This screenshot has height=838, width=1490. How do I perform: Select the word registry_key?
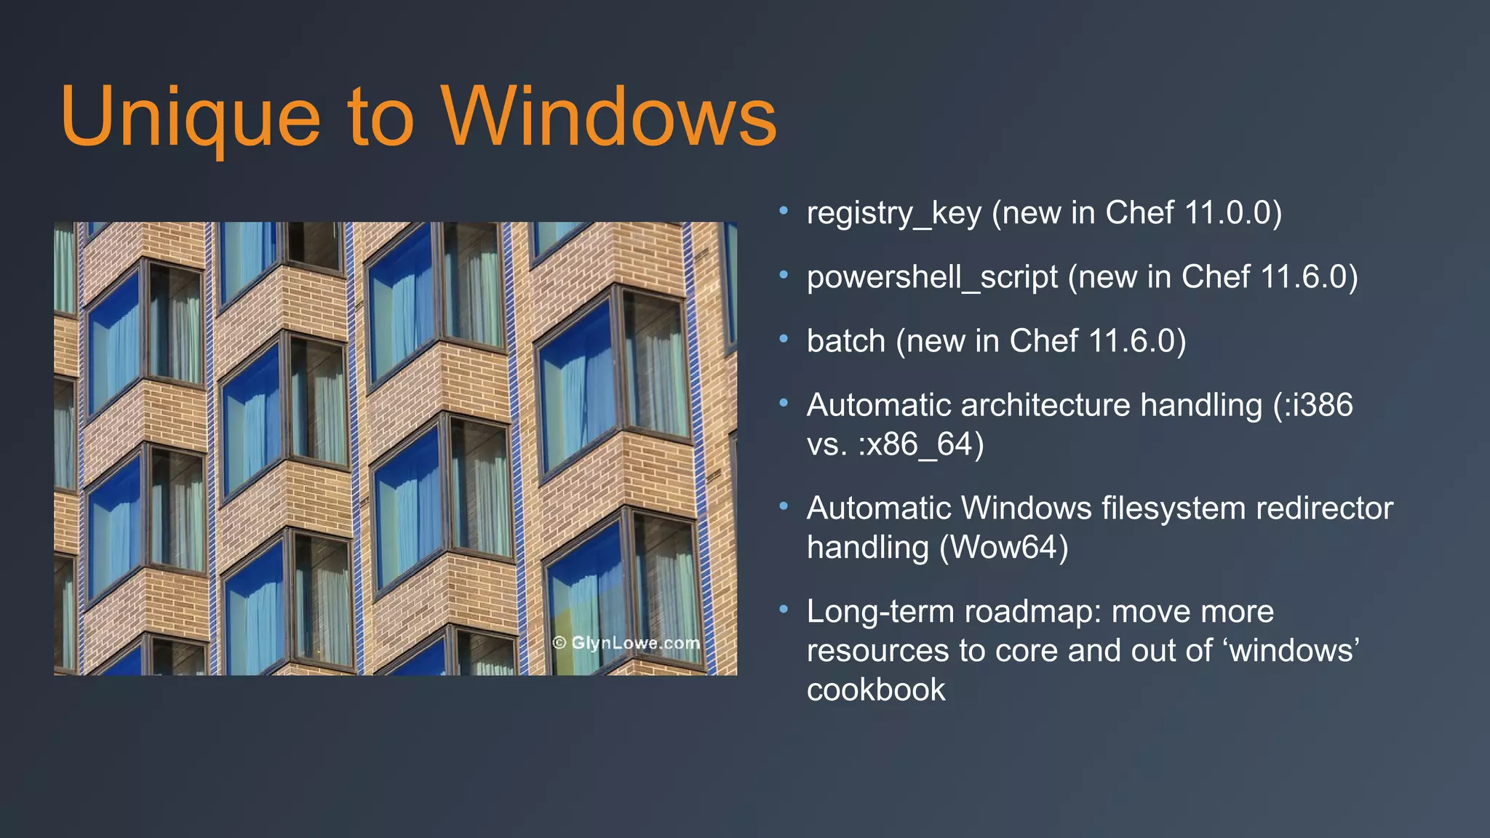pos(894,213)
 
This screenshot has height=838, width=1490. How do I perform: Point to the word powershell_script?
pos(932,277)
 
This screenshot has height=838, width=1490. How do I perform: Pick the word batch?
pos(846,341)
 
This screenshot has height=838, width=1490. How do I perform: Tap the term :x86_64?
pos(921,444)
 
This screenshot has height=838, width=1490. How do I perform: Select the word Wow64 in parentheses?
pos(1003,548)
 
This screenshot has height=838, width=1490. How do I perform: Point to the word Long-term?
pos(880,612)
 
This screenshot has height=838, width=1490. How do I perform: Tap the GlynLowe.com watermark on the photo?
pos(635,643)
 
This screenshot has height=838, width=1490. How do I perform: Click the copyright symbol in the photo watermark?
pos(559,643)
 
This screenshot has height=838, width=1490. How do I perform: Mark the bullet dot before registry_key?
pos(784,212)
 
